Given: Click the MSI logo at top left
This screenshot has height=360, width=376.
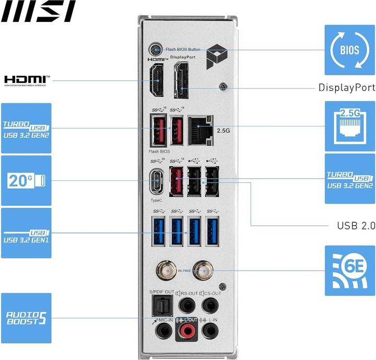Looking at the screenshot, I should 38,11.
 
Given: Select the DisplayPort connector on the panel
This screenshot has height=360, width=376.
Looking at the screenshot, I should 181,79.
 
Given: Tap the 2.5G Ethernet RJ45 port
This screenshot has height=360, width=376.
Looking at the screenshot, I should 200,127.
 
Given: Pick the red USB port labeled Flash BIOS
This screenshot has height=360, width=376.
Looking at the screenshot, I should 158,130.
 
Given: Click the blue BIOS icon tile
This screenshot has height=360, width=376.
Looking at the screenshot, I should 349,50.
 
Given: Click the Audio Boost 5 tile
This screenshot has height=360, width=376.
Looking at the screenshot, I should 26,318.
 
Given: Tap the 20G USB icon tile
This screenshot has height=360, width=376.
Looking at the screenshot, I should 26,180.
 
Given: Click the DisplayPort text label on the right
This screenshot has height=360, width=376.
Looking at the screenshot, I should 347,88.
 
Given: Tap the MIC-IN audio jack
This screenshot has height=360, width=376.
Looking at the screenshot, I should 164,330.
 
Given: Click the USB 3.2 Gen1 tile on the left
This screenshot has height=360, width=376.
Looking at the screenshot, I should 26,233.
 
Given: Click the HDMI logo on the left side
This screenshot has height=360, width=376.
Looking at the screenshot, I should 27,80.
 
